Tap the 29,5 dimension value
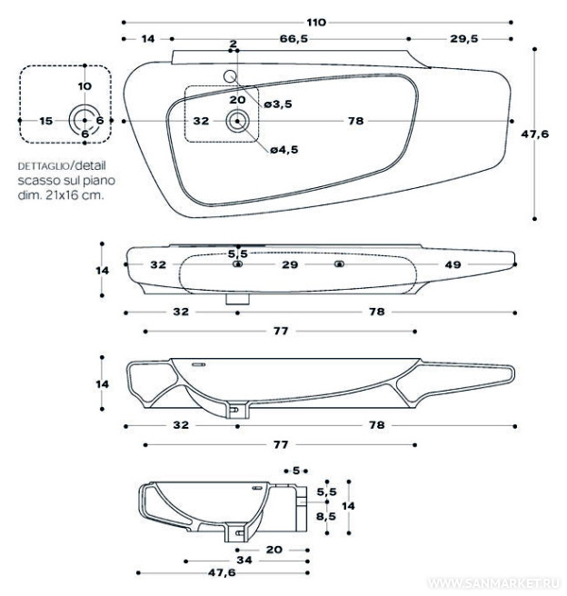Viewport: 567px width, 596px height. pyautogui.click(x=463, y=38)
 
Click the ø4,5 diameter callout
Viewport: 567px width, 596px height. pyautogui.click(x=283, y=150)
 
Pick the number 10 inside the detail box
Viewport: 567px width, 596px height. pyautogui.click(x=85, y=85)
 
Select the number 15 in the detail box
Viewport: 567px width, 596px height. pyautogui.click(x=46, y=120)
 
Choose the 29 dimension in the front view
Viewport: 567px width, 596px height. pyautogui.click(x=289, y=264)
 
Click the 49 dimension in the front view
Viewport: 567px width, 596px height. pyautogui.click(x=453, y=264)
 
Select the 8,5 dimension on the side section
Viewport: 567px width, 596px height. pyautogui.click(x=325, y=515)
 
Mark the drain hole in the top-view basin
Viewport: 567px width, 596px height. pyautogui.click(x=238, y=119)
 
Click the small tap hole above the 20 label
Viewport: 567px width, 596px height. pyautogui.click(x=230, y=76)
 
